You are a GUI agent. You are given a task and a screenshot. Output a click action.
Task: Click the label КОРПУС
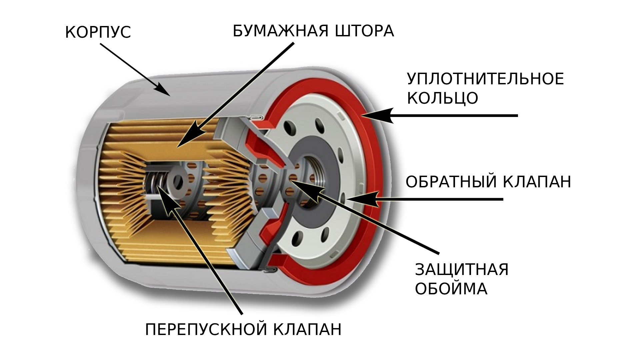click(x=98, y=33)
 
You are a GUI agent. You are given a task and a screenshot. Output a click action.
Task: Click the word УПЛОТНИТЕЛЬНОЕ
click(x=485, y=79)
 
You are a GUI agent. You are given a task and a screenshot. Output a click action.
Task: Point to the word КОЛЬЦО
click(x=443, y=98)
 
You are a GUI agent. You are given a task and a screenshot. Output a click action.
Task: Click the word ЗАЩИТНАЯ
click(x=462, y=269)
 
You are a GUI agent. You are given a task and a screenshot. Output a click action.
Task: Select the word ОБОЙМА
click(x=451, y=289)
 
